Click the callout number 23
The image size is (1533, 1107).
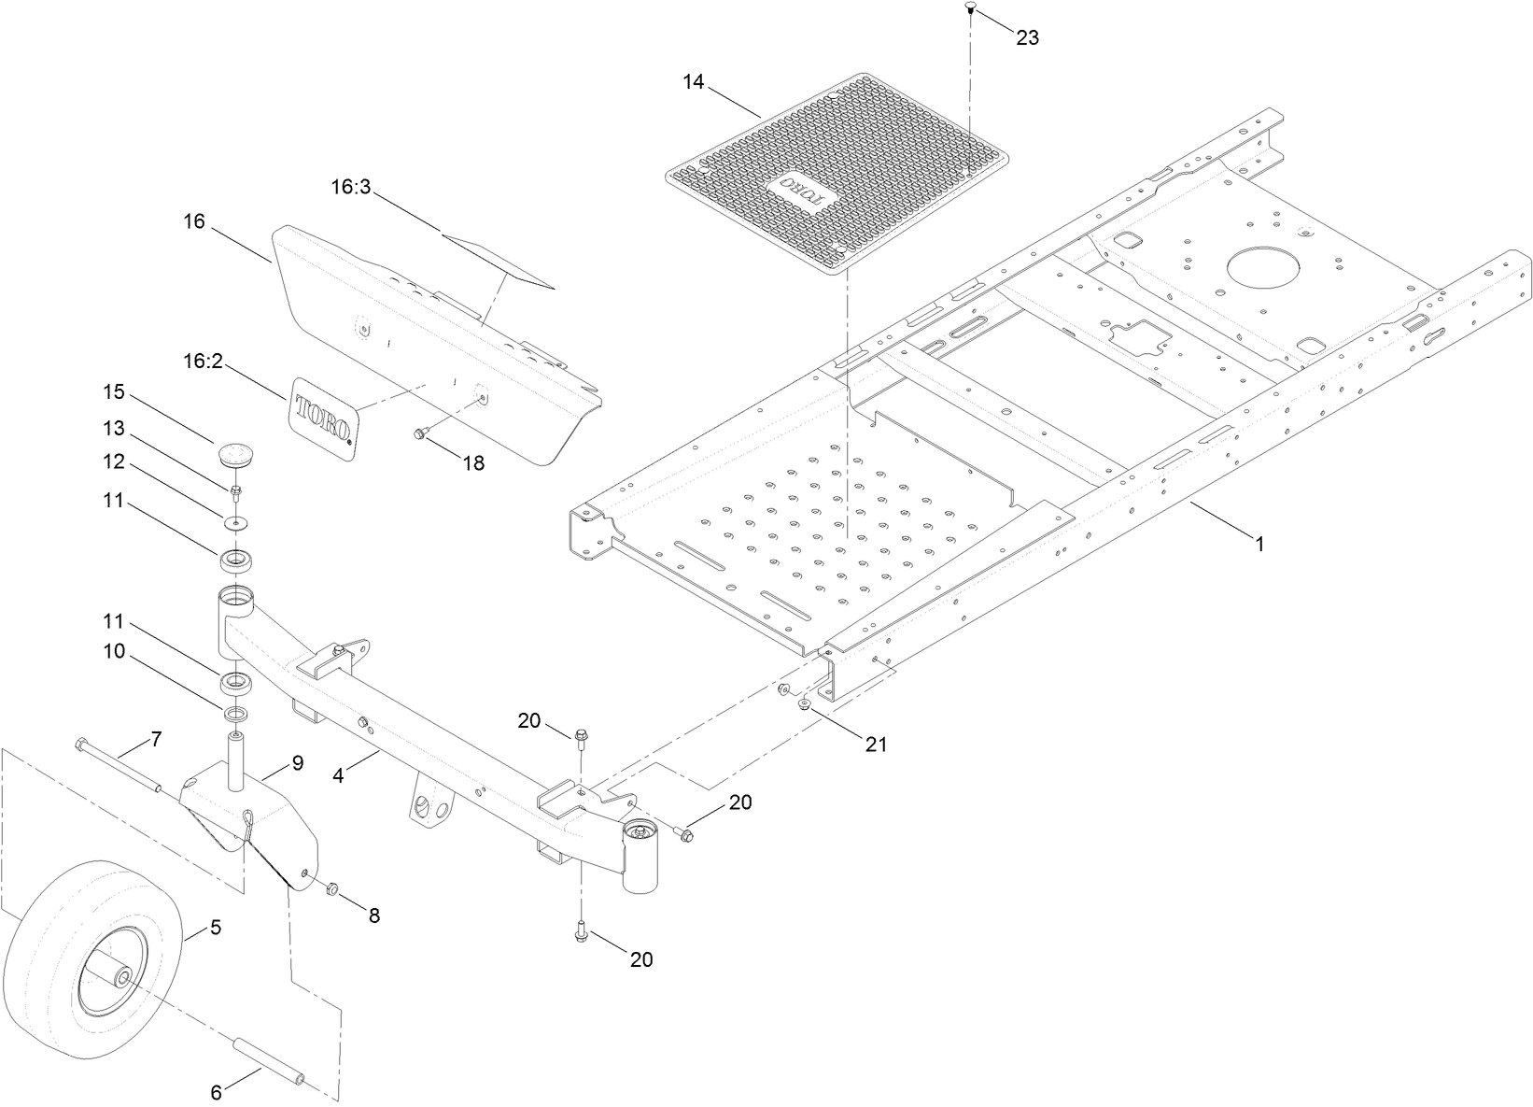pyautogui.click(x=1027, y=38)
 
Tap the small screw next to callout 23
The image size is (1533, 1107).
pyautogui.click(x=970, y=8)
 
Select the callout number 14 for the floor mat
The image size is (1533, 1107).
pyautogui.click(x=692, y=81)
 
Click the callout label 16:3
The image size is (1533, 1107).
pyautogui.click(x=351, y=187)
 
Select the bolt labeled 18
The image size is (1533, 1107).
pyautogui.click(x=420, y=433)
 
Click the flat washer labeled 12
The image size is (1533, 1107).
pyautogui.click(x=236, y=520)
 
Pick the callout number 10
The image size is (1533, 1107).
pyautogui.click(x=115, y=652)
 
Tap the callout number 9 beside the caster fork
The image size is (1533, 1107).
pyautogui.click(x=297, y=763)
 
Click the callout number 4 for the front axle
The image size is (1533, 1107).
pyautogui.click(x=339, y=774)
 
